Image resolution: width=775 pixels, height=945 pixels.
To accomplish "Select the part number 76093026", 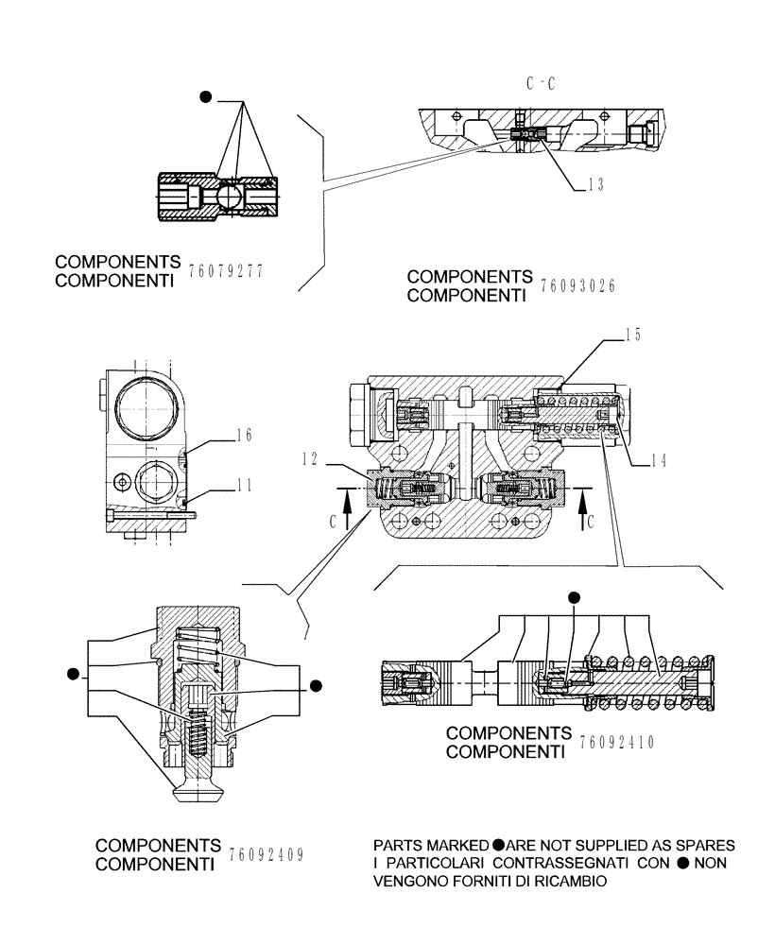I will [577, 285].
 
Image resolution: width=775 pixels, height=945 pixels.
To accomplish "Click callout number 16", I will [244, 436].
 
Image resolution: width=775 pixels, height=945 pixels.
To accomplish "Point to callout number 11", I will [244, 487].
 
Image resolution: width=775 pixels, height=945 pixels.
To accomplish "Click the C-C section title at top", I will [540, 84].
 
